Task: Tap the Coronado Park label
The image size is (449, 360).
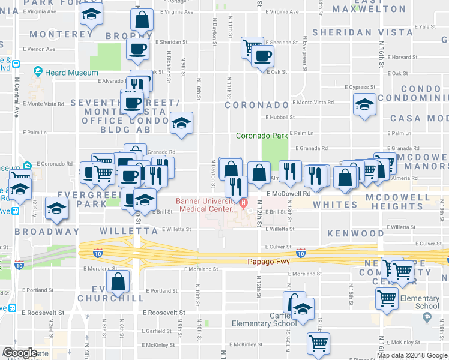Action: [x=262, y=136]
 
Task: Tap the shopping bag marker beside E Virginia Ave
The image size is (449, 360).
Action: [x=142, y=20]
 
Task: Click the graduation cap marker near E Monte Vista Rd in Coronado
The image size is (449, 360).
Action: [x=364, y=104]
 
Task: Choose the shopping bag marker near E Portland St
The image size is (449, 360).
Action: [x=118, y=281]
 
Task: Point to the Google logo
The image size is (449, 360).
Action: [x=19, y=353]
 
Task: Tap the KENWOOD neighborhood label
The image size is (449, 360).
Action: [x=355, y=233]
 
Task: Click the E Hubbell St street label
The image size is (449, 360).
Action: [x=280, y=118]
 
